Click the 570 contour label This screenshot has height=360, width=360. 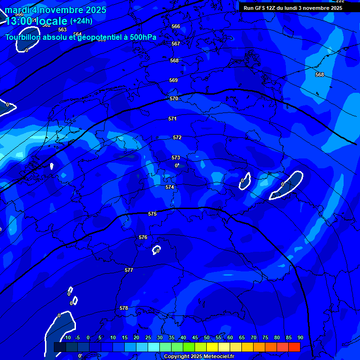[174, 98]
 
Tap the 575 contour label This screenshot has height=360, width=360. [152, 214]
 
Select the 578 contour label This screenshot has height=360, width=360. [124, 308]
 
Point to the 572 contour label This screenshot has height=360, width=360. [177, 137]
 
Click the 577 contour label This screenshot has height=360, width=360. [129, 270]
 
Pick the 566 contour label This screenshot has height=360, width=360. [176, 26]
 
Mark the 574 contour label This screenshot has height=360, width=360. [170, 187]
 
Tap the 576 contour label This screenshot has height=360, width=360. [143, 237]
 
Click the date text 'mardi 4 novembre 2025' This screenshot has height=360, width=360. [56, 10]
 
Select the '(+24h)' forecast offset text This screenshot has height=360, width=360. [81, 21]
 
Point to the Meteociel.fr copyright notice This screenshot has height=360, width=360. [199, 357]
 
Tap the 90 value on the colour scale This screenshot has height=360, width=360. [300, 337]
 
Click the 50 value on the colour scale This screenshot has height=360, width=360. [207, 337]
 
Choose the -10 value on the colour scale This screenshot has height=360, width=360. [67, 337]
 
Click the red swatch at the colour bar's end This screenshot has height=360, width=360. [294, 347]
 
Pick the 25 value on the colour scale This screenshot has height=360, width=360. [148, 337]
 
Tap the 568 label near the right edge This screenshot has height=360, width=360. [320, 75]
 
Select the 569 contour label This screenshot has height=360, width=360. [173, 80]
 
